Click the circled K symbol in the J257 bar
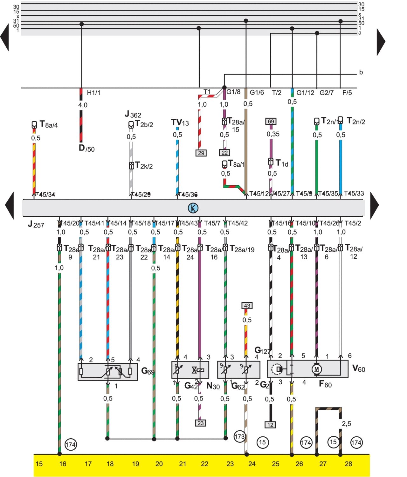[x=193, y=208]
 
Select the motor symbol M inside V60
[x=316, y=369]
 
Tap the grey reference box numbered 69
[x=271, y=122]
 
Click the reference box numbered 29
[x=201, y=153]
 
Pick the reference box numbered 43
[x=247, y=306]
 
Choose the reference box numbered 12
[x=270, y=425]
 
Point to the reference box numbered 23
[x=200, y=423]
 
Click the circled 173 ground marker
[x=239, y=437]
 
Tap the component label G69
[x=148, y=371]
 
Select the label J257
[x=36, y=224]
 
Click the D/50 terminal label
[x=86, y=148]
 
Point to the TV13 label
[x=180, y=123]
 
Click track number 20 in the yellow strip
[x=159, y=464]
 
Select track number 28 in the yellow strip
[x=348, y=464]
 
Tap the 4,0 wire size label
[x=83, y=105]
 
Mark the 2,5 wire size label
[x=346, y=424]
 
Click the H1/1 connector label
[x=93, y=93]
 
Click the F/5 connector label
[x=347, y=93]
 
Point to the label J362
[x=133, y=114]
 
